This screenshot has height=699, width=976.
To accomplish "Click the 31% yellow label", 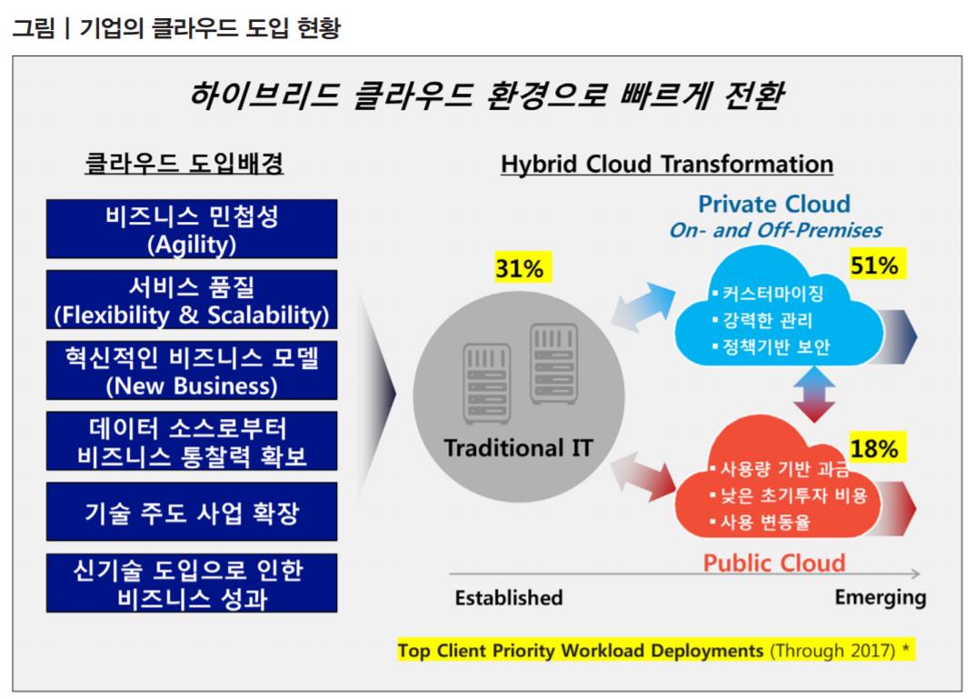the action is pyautogui.click(x=519, y=268).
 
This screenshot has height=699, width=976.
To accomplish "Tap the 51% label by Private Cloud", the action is pyautogui.click(x=874, y=265).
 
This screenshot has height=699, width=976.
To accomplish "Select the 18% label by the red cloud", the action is pyautogui.click(x=874, y=448).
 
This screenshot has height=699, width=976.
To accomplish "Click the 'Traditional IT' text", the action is pyautogui.click(x=518, y=447).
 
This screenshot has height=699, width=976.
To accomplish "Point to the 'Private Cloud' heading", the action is pyautogui.click(x=773, y=204).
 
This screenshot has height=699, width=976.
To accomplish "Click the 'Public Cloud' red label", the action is pyautogui.click(x=773, y=563).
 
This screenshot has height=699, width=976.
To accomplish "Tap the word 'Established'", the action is pyautogui.click(x=509, y=597).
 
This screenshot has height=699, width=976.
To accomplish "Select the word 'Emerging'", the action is pyautogui.click(x=881, y=597).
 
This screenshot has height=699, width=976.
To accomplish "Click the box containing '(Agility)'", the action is pyautogui.click(x=192, y=229).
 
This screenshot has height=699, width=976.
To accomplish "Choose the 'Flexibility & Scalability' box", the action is pyautogui.click(x=192, y=299).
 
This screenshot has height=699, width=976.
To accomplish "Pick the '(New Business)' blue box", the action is pyautogui.click(x=192, y=370).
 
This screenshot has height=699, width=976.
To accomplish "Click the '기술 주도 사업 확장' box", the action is pyautogui.click(x=192, y=512).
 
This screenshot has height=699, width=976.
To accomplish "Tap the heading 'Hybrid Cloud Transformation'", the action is pyautogui.click(x=667, y=165).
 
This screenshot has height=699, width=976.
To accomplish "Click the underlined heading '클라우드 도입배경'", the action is pyautogui.click(x=184, y=163).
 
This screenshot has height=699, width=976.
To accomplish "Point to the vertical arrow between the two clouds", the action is pyautogui.click(x=814, y=394).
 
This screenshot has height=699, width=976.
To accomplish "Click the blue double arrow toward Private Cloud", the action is pyautogui.click(x=643, y=306).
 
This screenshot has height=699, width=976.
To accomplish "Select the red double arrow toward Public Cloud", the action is pyautogui.click(x=643, y=477).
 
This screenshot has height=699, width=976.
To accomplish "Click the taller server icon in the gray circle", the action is pyautogui.click(x=553, y=364).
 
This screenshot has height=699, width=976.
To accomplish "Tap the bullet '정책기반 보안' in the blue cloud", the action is pyautogui.click(x=771, y=346).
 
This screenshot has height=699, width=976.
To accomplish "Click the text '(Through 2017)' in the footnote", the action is pyautogui.click(x=832, y=651).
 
